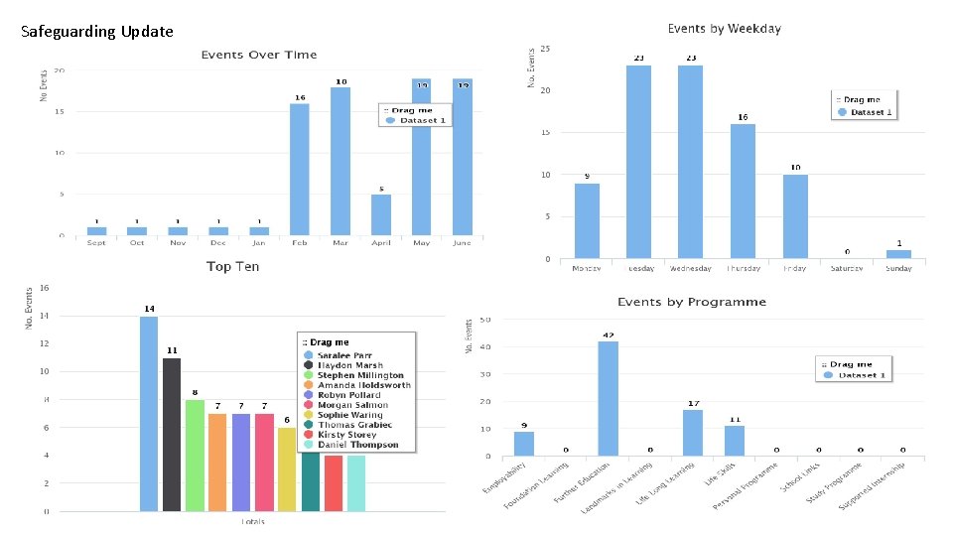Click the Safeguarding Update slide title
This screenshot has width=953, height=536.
(x=97, y=32)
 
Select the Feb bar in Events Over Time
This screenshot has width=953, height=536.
(x=299, y=169)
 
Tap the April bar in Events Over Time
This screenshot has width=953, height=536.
(x=381, y=214)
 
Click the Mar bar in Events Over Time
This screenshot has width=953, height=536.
(x=340, y=161)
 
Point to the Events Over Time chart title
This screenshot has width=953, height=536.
(x=259, y=55)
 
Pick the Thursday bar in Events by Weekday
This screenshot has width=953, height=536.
(x=743, y=191)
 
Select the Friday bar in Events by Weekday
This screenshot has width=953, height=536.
(x=795, y=216)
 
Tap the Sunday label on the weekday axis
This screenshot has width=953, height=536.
(x=898, y=268)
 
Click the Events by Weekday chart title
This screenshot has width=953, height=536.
(x=724, y=29)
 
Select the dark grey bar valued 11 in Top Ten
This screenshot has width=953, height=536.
(x=172, y=435)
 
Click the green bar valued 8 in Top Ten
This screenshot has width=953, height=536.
(x=195, y=456)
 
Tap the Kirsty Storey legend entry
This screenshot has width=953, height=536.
(x=346, y=435)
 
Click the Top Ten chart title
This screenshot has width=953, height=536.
(x=232, y=266)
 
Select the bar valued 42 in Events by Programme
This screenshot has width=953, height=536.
(x=609, y=398)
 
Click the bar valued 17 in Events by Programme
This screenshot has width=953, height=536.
(x=693, y=433)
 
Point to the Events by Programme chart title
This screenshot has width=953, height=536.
(x=691, y=302)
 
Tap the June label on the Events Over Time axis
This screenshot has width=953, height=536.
(x=462, y=242)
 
